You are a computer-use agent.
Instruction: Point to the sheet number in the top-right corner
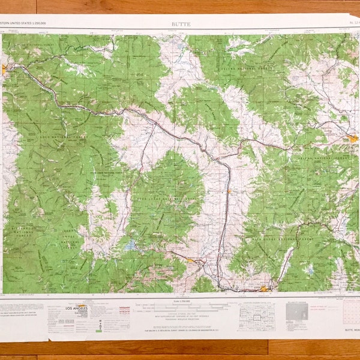(351, 24)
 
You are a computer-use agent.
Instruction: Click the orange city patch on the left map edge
(4, 69)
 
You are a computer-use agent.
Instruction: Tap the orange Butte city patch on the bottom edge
(264, 288)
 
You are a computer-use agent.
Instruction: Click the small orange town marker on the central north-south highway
(229, 191)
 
